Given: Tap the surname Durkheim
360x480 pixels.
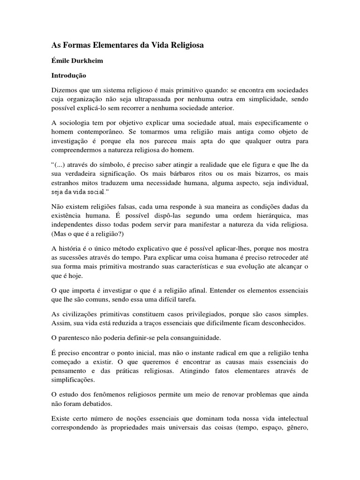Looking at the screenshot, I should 89,61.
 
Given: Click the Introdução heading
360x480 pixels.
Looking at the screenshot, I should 69,75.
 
